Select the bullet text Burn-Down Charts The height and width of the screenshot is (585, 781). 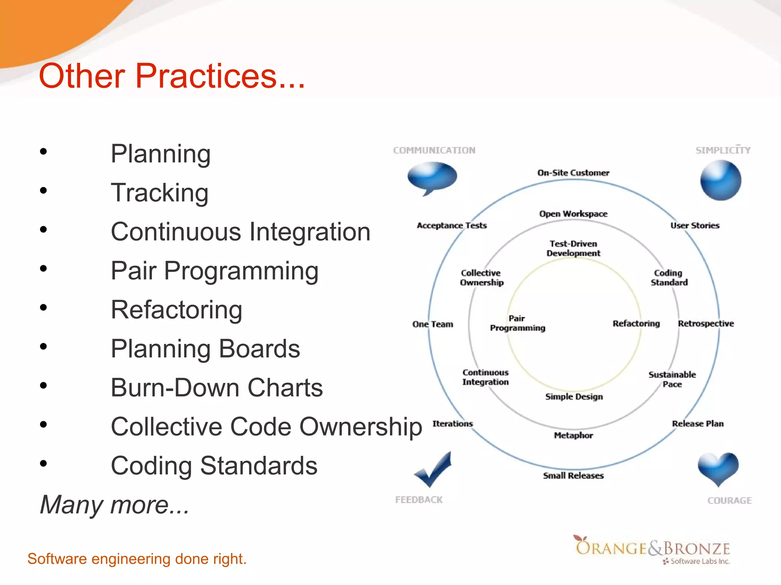(217, 388)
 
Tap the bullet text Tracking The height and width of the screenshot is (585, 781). (159, 193)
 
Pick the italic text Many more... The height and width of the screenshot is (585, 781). (114, 505)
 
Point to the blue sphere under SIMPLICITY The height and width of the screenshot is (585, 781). (720, 181)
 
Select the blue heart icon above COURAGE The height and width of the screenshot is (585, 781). (718, 468)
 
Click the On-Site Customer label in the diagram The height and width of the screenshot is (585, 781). (573, 173)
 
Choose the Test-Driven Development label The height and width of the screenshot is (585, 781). (573, 248)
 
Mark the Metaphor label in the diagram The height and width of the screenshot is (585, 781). (573, 435)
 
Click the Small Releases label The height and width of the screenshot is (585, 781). (573, 476)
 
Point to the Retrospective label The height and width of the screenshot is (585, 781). (705, 324)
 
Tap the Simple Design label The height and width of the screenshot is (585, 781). (574, 397)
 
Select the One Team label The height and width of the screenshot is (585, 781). (433, 324)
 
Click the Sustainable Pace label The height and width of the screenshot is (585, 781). (672, 379)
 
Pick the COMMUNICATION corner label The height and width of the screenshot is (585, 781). (434, 150)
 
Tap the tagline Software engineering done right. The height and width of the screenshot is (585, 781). (137, 559)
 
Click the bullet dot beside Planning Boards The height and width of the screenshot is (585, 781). (43, 347)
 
